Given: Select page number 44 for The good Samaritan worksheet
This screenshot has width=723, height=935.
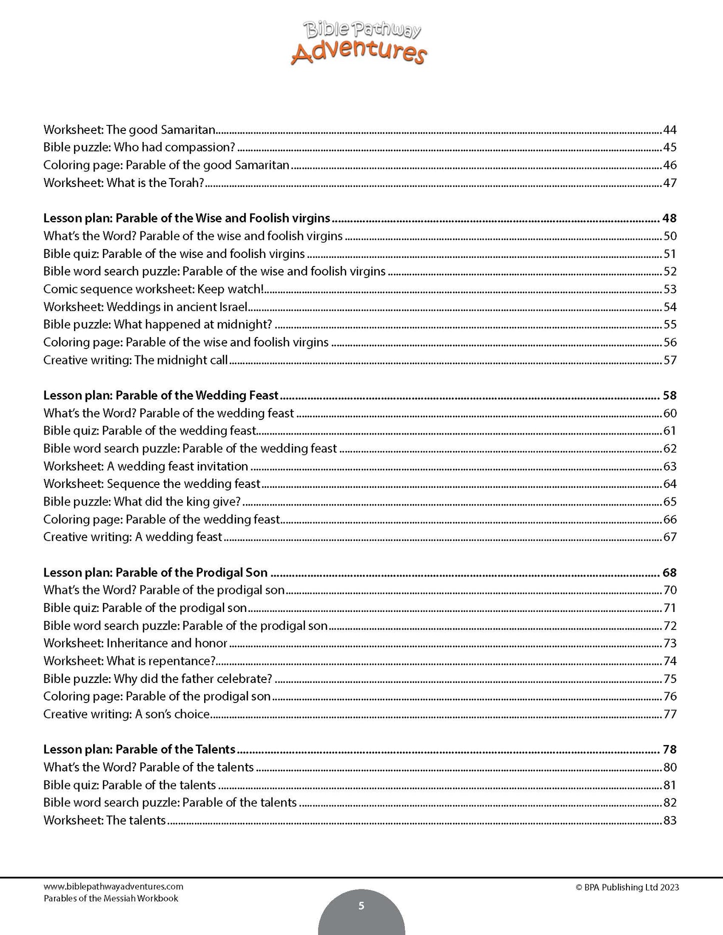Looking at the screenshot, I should point(669,130).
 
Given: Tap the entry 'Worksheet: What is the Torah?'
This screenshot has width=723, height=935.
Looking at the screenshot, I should point(124,183).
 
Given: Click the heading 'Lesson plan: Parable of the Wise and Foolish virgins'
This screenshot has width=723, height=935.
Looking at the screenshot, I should point(187,218).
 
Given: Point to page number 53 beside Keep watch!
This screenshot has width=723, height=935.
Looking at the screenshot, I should point(669,289).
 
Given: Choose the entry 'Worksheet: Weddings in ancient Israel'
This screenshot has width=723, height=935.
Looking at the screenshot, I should point(145,307).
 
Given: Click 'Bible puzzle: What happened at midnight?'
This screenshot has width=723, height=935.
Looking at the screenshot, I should point(158,324).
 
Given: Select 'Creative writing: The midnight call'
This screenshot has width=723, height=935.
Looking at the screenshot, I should point(135,360).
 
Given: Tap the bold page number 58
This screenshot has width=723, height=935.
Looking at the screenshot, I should point(669,395).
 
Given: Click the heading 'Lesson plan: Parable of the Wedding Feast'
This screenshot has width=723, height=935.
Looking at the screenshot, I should point(161,395).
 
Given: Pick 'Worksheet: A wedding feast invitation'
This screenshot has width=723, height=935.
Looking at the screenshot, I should point(146,466).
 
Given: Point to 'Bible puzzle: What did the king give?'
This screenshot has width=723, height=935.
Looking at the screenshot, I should point(142,501).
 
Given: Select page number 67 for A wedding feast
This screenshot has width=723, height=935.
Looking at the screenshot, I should point(669,537).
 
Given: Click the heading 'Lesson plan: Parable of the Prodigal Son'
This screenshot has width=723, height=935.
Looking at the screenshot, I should point(155,572).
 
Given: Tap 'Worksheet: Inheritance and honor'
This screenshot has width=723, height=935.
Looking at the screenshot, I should point(135,643).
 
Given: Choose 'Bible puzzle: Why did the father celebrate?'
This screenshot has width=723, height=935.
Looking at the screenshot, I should point(158,678).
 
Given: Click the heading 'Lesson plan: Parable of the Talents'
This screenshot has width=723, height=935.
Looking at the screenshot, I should point(139,749).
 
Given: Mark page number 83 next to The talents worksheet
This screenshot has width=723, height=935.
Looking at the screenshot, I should point(669,820).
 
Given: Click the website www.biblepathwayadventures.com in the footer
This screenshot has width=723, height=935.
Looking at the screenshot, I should point(113,886).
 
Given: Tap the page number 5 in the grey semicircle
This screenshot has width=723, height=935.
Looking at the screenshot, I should point(361,905).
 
